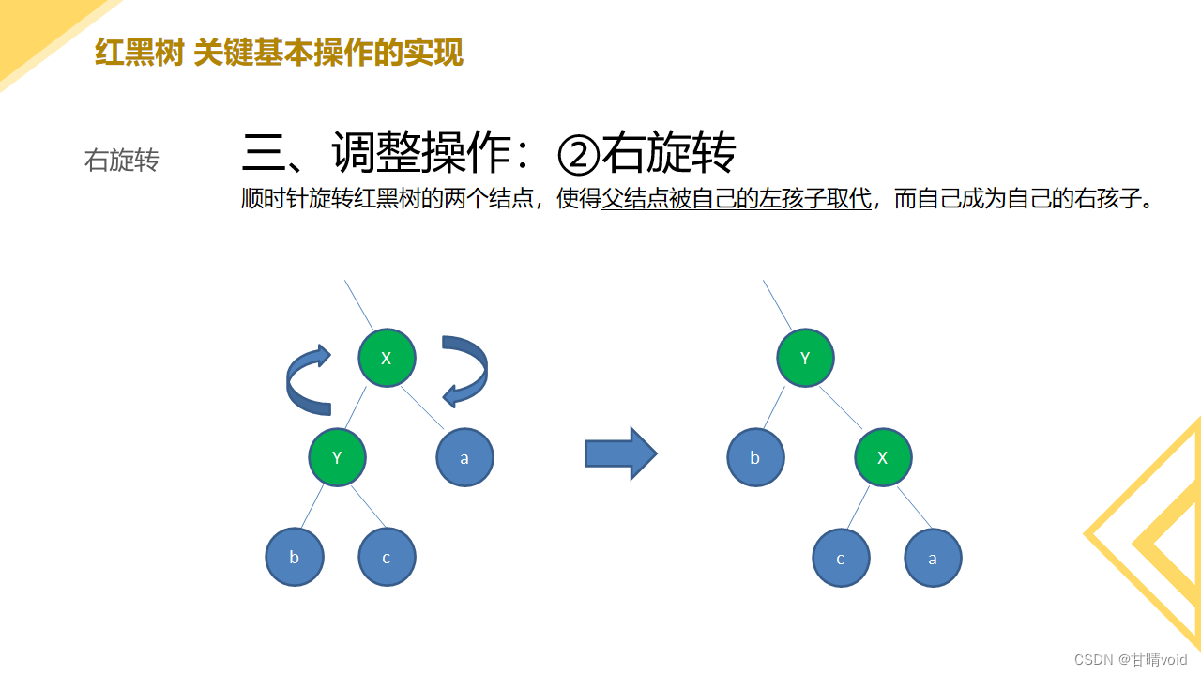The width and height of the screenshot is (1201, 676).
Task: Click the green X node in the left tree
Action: point(387,358)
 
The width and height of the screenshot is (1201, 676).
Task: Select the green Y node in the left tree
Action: point(338,457)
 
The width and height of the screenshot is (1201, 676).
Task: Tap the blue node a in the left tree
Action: point(464,457)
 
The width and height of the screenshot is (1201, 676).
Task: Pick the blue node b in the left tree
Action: point(295,557)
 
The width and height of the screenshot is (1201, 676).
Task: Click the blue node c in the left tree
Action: point(387,557)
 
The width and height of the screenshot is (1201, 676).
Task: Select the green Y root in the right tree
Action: point(805,358)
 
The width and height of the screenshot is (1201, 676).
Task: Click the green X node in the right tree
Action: point(883,457)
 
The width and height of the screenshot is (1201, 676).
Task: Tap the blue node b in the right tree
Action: point(755,457)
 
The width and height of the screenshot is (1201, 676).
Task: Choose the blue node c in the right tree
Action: point(841,558)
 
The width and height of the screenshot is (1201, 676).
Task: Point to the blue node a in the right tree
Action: point(933,558)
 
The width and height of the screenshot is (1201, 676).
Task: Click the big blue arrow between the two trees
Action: point(620,454)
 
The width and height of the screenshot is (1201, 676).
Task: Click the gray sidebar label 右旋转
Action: point(121,161)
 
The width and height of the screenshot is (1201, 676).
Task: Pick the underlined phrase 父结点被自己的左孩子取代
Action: point(736,199)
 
